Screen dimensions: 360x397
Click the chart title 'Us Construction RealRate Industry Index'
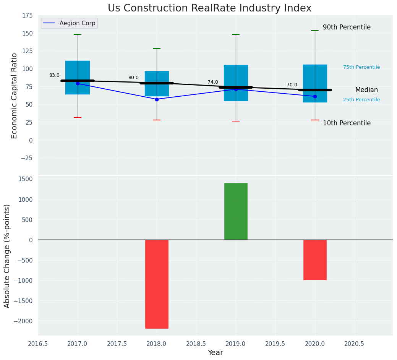[209, 8]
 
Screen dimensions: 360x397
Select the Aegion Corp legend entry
[69, 23]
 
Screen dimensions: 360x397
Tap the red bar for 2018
[157, 284]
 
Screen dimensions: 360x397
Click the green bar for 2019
[236, 211]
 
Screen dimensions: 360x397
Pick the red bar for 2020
[315, 260]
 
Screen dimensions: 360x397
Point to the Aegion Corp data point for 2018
[157, 99]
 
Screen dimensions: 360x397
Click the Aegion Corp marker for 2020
[315, 96]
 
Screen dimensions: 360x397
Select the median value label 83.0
[54, 75]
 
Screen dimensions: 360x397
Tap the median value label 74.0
[213, 82]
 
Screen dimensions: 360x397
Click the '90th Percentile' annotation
[347, 28]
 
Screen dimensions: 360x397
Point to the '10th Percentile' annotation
[347, 123]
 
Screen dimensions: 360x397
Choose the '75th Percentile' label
[361, 67]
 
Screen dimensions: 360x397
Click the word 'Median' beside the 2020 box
[366, 90]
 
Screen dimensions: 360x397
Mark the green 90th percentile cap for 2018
[157, 49]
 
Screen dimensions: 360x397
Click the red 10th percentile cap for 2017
[78, 117]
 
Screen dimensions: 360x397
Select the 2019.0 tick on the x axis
[236, 344]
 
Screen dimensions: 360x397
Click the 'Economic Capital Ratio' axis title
[15, 96]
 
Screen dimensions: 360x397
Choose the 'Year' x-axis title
[216, 353]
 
